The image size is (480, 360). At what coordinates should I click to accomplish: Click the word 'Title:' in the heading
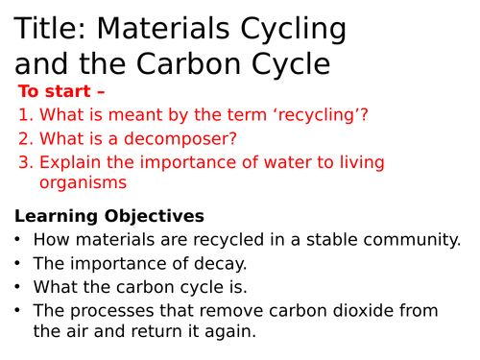(50, 28)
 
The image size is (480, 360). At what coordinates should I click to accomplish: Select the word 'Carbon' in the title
(188, 63)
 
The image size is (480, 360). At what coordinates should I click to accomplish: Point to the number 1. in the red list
(26, 114)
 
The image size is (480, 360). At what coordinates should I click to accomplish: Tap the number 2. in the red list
(26, 138)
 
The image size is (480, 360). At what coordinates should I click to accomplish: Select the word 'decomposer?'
(180, 139)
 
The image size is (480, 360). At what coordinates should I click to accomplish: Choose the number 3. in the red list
(26, 162)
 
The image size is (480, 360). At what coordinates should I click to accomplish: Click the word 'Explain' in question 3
(70, 162)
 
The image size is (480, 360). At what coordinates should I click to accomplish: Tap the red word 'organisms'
(84, 183)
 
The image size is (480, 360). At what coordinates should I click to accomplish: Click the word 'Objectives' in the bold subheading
(155, 216)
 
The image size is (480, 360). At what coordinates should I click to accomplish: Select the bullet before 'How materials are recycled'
(17, 239)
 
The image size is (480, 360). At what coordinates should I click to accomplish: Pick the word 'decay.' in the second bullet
(221, 264)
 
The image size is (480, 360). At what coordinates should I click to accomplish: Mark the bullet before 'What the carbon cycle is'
(17, 287)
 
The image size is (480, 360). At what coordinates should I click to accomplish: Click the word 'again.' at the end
(230, 331)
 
